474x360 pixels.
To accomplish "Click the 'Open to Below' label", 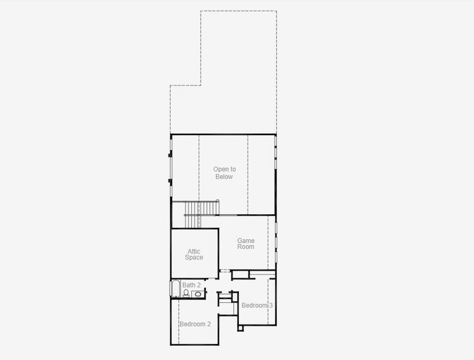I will [224, 173].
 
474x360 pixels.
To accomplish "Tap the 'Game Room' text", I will [246, 244].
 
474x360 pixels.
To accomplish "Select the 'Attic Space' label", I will [194, 254].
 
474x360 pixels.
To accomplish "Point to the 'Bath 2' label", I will [191, 285].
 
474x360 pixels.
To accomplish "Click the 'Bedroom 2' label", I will [195, 324].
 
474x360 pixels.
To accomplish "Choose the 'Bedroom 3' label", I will [257, 305].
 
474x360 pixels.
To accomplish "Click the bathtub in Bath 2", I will [176, 289].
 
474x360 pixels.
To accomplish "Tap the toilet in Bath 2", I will [187, 293].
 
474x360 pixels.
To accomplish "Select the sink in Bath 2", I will [197, 294].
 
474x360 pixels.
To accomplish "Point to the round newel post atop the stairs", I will [218, 200].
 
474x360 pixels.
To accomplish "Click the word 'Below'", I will [223, 177].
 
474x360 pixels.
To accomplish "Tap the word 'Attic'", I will [194, 251].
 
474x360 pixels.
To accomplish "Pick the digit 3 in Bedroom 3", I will [271, 305].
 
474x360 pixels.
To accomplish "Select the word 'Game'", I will [246, 241].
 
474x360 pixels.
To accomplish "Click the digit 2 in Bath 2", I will [199, 285].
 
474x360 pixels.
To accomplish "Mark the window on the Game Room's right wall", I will [276, 241].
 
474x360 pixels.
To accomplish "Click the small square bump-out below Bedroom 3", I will [241, 328].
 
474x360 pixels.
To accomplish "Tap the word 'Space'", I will [194, 258].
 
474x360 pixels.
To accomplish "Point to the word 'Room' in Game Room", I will [246, 247].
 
